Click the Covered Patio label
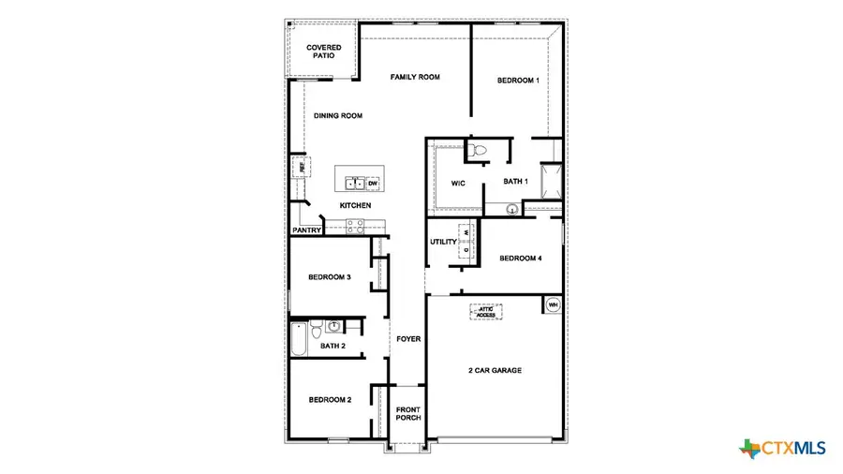coord(324,52)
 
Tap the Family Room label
coord(415,77)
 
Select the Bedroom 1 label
coord(518,81)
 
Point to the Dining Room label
coord(337,116)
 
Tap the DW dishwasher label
coord(372,183)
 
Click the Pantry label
coord(307,230)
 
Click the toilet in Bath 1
coord(478,149)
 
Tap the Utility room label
coord(443,242)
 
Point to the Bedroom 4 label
coord(520,259)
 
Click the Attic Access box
coord(485,312)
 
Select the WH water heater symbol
coord(552,305)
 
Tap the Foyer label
coord(407,339)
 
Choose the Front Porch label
coord(407,414)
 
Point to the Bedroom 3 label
coord(330,277)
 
